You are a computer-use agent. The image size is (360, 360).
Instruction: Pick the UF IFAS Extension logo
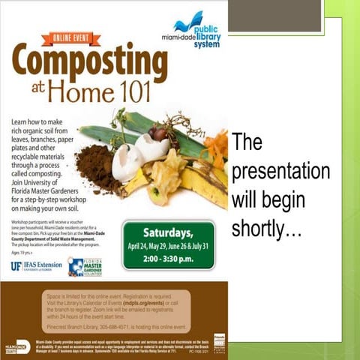tap(35, 265)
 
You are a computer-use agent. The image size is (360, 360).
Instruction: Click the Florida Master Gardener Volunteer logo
tap(85, 266)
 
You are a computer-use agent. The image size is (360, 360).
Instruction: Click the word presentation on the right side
tap(280, 170)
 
